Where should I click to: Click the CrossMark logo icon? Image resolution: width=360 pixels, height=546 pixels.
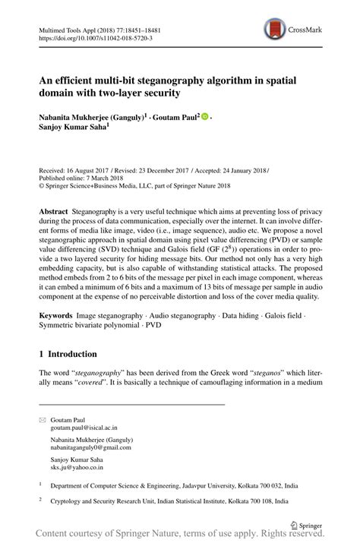(273, 30)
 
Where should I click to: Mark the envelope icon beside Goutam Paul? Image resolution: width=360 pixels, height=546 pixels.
(43, 419)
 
